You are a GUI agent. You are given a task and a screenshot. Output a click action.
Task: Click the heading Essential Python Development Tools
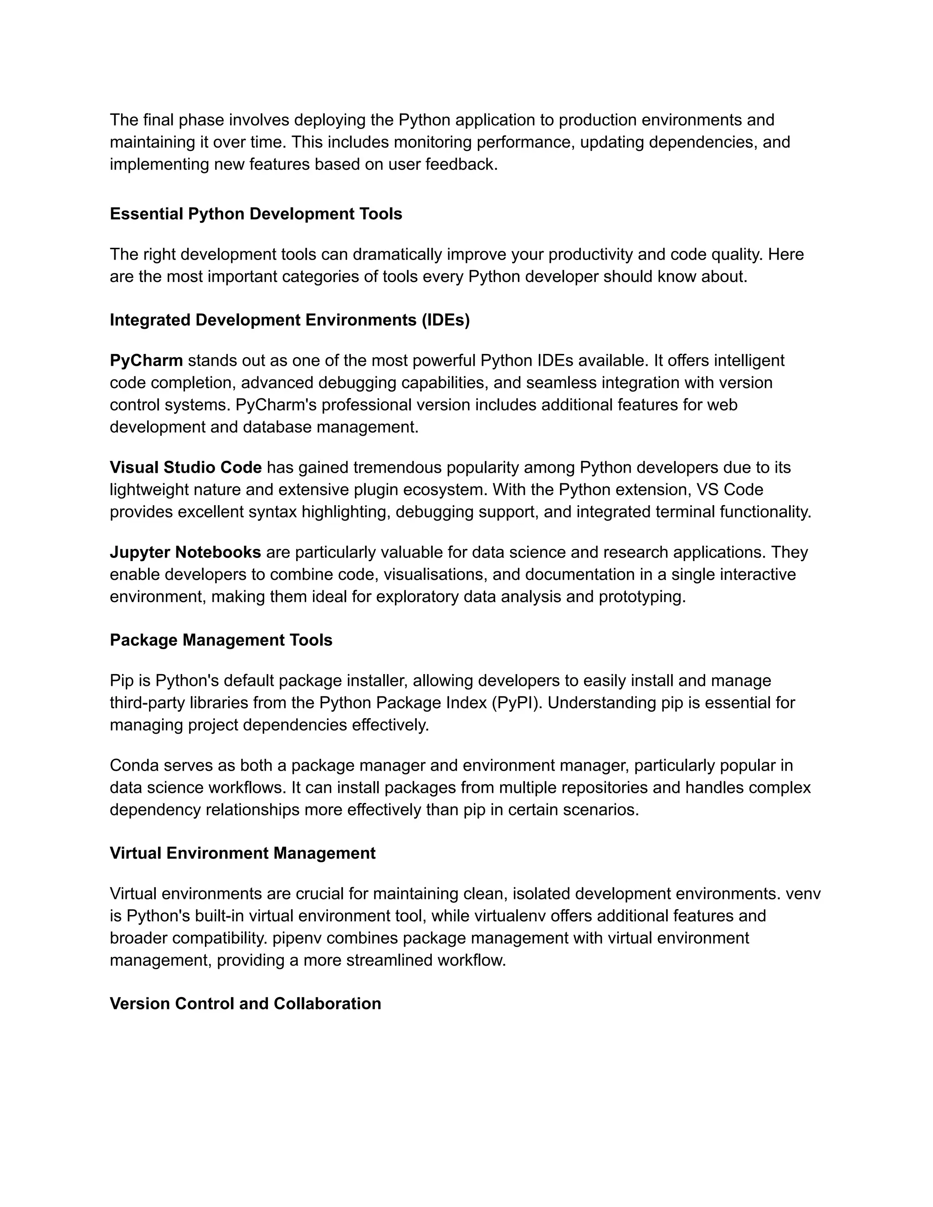click(x=256, y=214)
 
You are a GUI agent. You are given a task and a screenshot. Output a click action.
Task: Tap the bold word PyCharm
click(x=146, y=361)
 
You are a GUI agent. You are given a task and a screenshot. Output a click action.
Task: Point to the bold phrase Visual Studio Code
click(x=186, y=468)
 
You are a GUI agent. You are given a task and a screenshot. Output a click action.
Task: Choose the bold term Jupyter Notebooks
click(x=185, y=552)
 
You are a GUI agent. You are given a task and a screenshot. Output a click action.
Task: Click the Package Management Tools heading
click(x=221, y=640)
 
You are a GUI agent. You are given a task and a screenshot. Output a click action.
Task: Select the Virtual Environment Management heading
click(x=243, y=853)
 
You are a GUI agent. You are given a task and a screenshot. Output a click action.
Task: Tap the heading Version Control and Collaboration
click(x=246, y=1003)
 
